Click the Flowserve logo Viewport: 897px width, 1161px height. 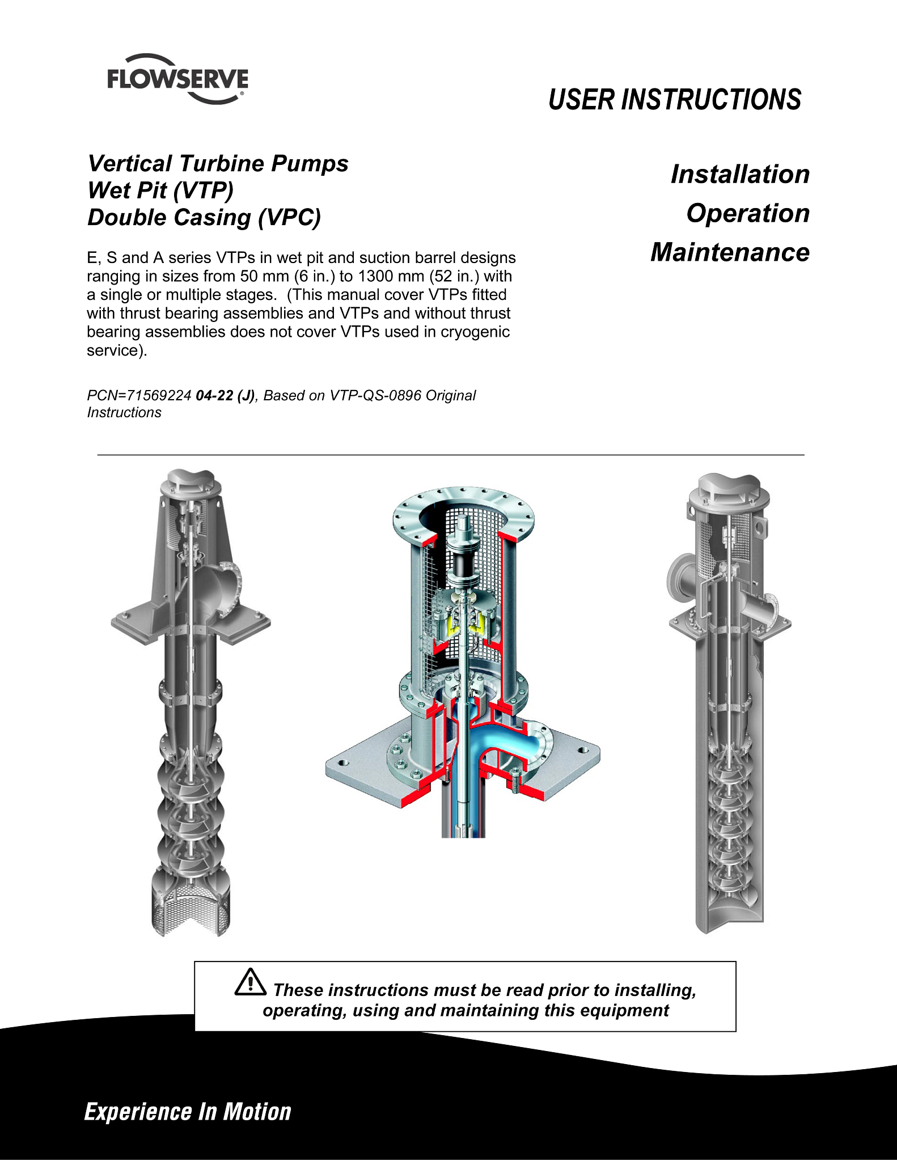[177, 79]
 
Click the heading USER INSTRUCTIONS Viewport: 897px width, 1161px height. [675, 100]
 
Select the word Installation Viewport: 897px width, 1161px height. [740, 174]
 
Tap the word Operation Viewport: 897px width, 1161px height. [748, 214]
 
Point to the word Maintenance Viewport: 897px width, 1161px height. [730, 252]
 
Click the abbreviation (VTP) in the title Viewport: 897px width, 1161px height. [202, 190]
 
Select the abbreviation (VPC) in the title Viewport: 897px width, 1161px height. [289, 218]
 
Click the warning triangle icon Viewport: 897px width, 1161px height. [250, 982]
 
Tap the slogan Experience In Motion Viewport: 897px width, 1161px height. [188, 1112]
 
